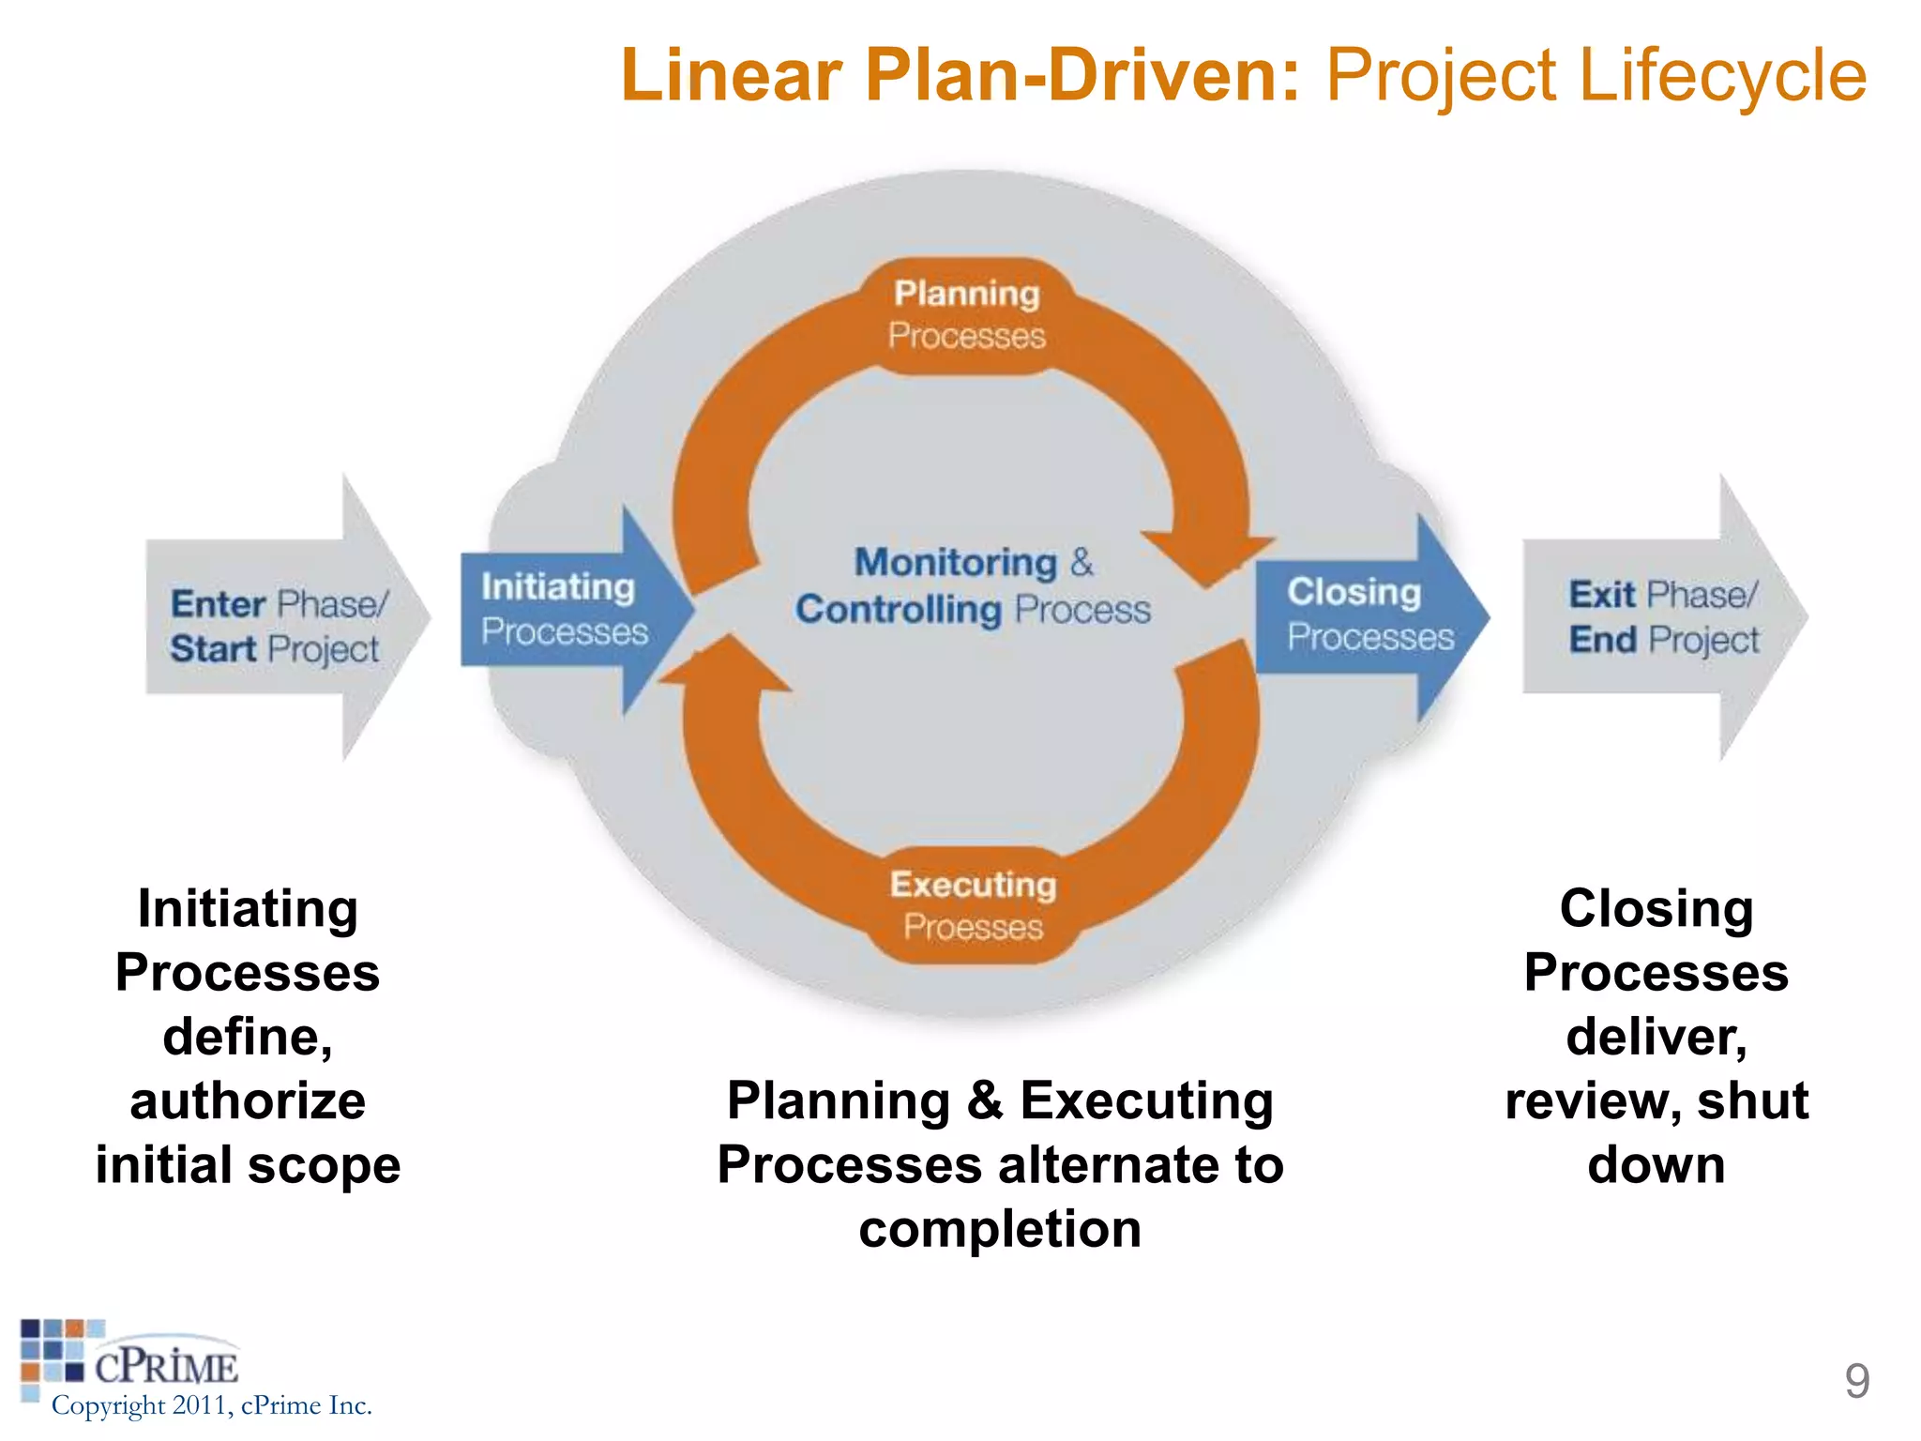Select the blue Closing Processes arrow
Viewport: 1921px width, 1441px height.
point(1365,615)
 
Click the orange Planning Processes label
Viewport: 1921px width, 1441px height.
point(966,315)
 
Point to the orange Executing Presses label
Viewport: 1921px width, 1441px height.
point(973,905)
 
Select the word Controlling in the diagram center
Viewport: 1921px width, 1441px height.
point(898,610)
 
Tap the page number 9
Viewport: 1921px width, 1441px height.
point(1856,1381)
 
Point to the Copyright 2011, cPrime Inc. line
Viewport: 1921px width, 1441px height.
point(212,1405)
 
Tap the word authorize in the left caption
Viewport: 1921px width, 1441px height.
point(248,1101)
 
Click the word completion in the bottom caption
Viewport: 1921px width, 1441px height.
point(1000,1229)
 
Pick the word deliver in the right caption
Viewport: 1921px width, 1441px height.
point(1656,1038)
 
